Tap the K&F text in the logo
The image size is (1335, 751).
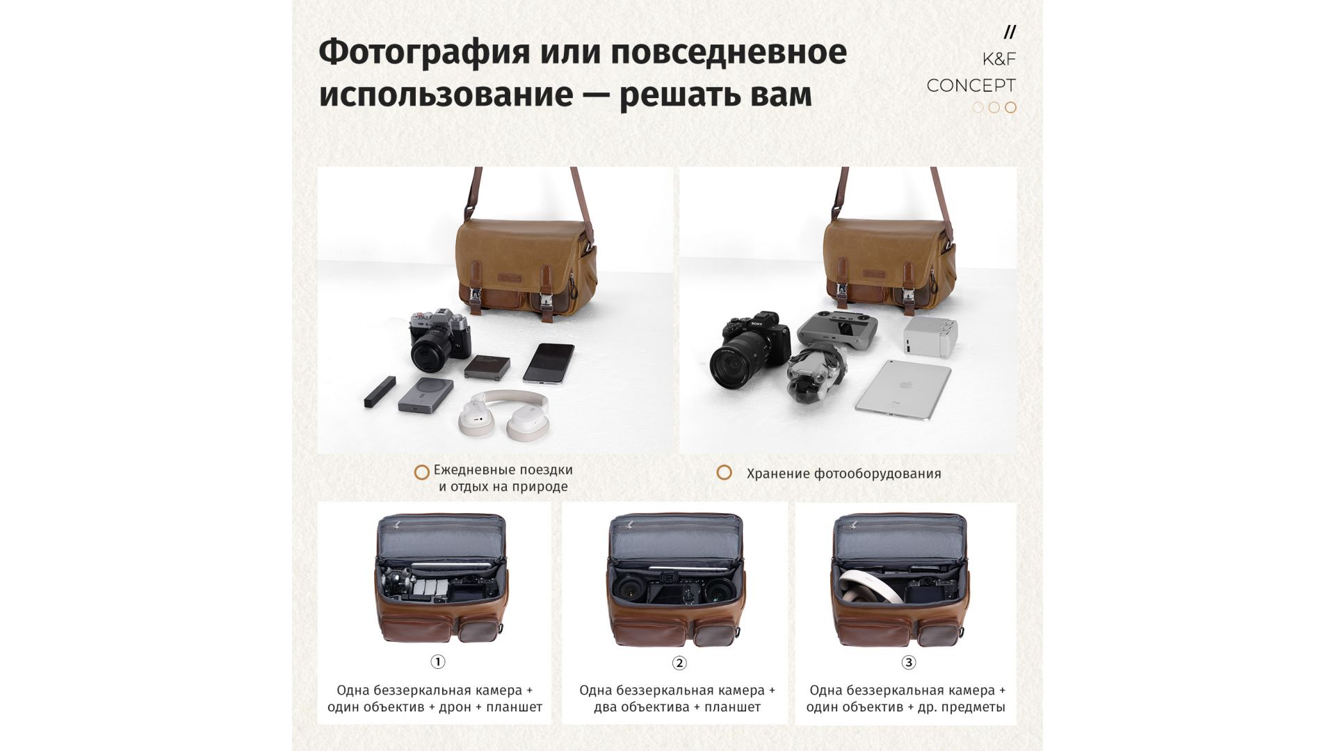999,59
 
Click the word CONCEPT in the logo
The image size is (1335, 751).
971,86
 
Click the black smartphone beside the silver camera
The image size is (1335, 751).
549,362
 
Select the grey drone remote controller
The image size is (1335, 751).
837,328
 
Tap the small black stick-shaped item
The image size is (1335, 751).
380,391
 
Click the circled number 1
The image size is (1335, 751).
438,662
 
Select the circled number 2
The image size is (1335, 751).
679,663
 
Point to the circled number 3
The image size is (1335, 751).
908,663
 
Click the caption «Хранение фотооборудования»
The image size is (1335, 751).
843,474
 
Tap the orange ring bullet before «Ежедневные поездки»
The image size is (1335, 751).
421,473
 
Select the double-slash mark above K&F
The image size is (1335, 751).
1010,32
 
